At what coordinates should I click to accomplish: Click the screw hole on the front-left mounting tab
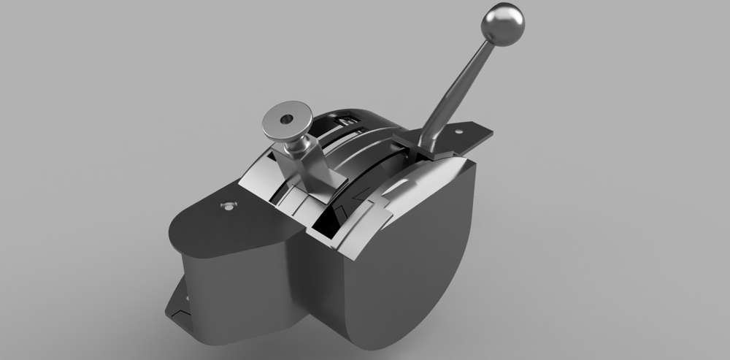pyautogui.click(x=229, y=207)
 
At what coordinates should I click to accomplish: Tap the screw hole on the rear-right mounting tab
pyautogui.click(x=460, y=131)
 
